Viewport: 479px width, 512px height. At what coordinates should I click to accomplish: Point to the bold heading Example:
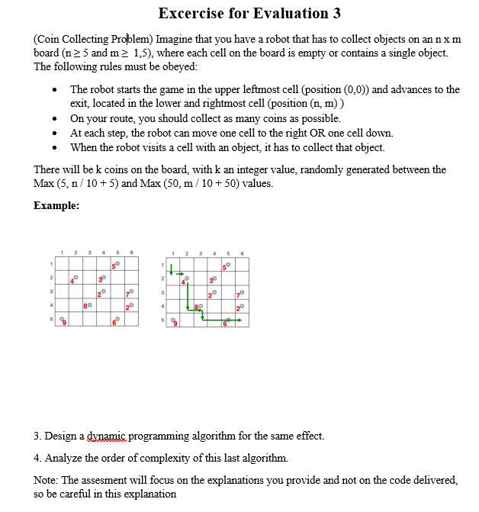pos(56,205)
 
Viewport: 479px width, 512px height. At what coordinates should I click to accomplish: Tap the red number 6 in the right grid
pos(225,324)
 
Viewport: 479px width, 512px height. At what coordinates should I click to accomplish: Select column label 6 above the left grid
pos(132,255)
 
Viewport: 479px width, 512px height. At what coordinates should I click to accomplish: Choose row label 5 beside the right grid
pos(162,320)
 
